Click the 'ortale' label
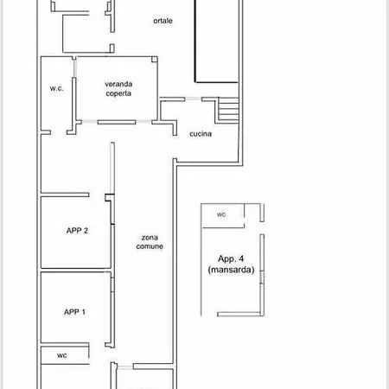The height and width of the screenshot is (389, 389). pos(163,21)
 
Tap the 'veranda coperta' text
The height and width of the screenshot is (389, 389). pos(118,88)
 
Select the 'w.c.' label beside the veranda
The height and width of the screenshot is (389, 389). pos(56,88)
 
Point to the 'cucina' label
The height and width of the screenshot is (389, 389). pos(201,134)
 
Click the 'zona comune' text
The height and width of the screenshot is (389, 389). pos(150,242)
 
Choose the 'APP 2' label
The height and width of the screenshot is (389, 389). pos(77,231)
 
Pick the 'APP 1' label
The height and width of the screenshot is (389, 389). pos(74,312)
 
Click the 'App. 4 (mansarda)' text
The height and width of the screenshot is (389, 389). pos(231,264)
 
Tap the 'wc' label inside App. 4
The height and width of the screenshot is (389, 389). pos(221,214)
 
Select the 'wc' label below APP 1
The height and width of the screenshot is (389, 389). pos(62,355)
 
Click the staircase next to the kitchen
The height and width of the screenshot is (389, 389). pos(228,111)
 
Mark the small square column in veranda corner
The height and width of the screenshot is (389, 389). pos(155,60)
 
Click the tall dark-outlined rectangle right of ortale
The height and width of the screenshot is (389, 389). pos(217,41)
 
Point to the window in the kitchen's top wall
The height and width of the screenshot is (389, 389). pos(193,99)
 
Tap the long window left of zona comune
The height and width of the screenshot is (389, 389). pos(112,168)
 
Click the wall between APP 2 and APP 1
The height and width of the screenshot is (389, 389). pos(76,270)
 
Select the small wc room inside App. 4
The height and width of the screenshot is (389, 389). pos(223,216)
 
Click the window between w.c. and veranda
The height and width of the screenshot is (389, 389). pos(74,68)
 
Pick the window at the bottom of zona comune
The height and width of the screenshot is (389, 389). pos(125,367)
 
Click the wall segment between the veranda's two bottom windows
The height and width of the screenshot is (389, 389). pos(117,123)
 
